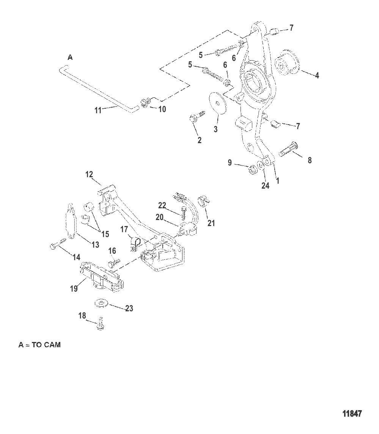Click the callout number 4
[x=317, y=75]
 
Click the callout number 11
[x=98, y=111]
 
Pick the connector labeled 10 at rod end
[x=145, y=102]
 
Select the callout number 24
[x=265, y=186]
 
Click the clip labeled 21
[x=204, y=200]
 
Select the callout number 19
[x=74, y=289]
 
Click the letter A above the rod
[x=70, y=58]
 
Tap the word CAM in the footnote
[x=52, y=345]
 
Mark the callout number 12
[x=89, y=174]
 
